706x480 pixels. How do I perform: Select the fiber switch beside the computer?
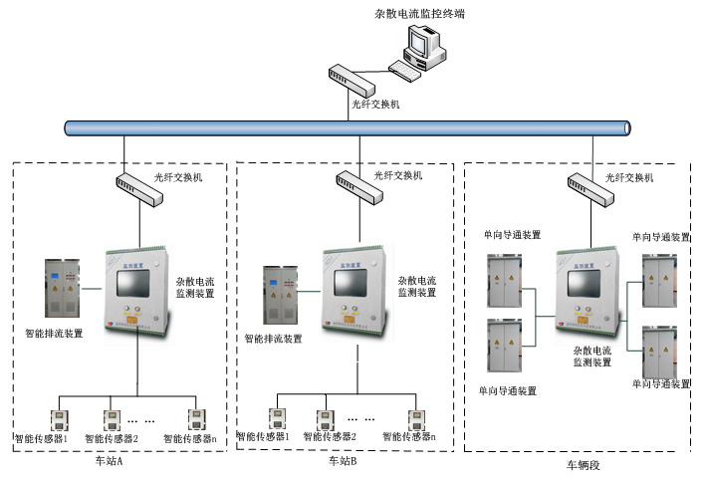click(350, 78)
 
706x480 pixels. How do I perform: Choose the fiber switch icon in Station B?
click(355, 184)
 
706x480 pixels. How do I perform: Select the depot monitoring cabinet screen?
click(585, 284)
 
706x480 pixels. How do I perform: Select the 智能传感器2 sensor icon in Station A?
click(113, 417)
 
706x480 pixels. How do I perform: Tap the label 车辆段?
click(585, 465)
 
